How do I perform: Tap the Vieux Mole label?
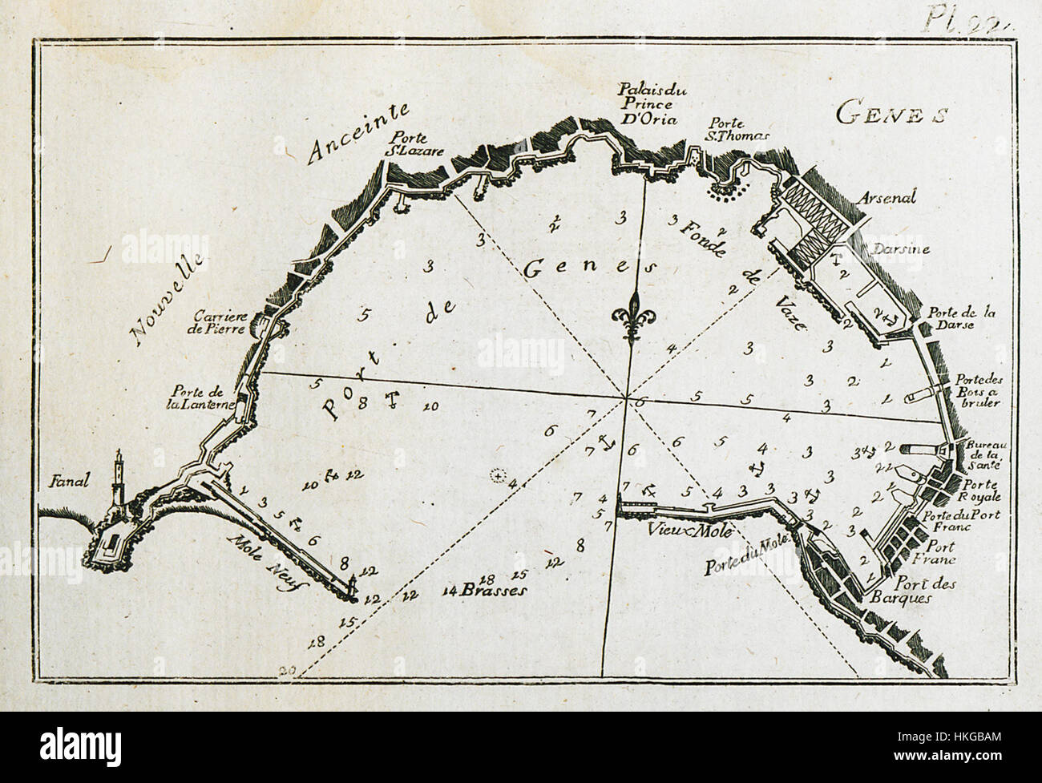point(656,530)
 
